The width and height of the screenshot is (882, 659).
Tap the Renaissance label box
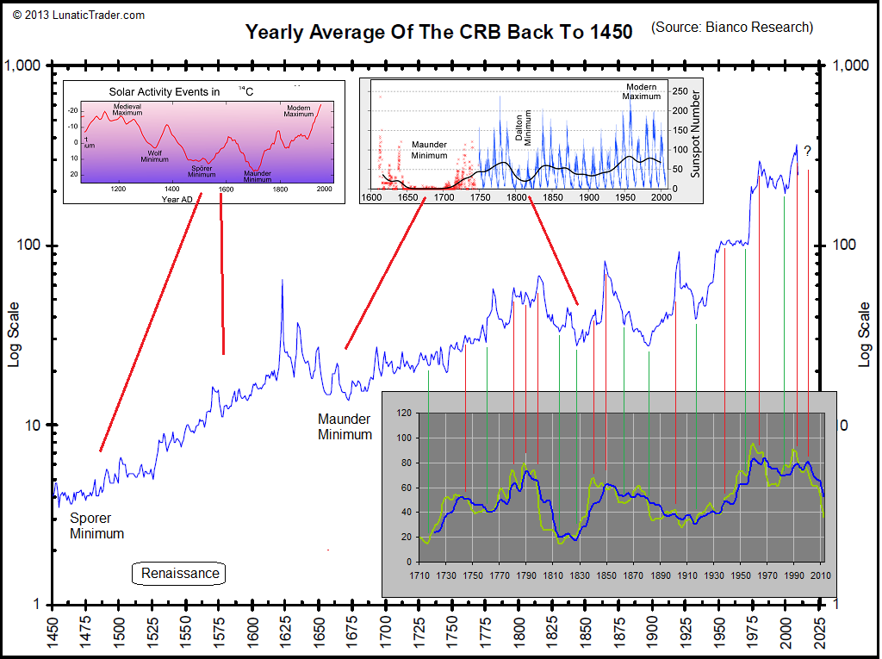pos(180,574)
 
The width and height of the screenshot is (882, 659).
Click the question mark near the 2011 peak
pos(808,152)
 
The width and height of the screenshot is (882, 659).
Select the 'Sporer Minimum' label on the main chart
pos(96,526)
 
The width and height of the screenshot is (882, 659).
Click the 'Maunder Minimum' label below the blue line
pos(345,426)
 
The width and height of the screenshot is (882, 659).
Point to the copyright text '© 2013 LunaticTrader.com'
pos(78,15)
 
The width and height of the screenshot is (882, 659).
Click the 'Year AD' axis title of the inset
pos(177,199)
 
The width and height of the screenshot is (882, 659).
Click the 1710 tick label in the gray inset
pos(419,575)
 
